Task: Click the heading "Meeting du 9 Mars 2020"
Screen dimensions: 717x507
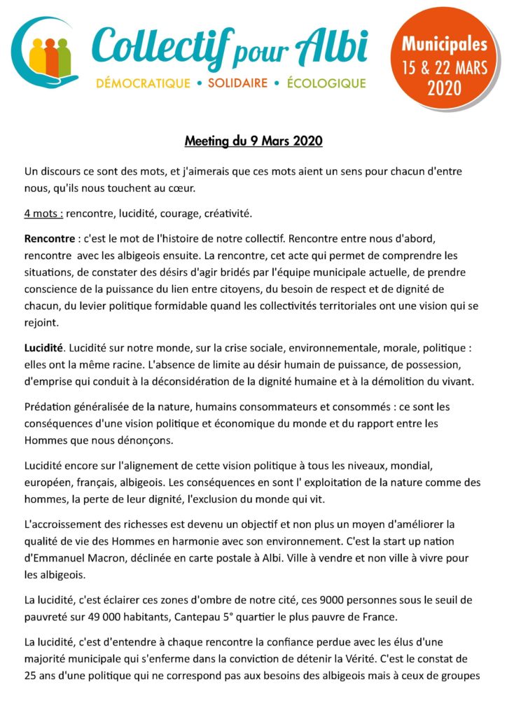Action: coord(253,141)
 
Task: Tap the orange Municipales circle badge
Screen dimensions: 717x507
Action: coord(444,66)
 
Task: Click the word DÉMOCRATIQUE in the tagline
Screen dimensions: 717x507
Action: coord(143,84)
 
